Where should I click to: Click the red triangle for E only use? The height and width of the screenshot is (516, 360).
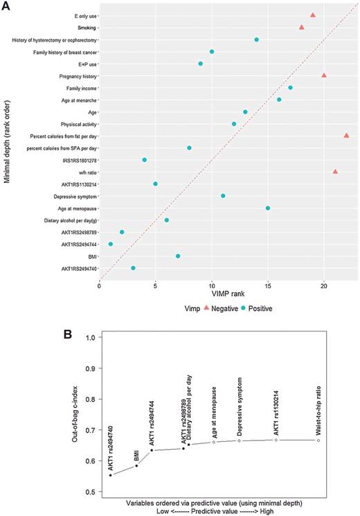pos(313,15)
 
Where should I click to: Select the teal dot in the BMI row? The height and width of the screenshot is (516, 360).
pos(178,256)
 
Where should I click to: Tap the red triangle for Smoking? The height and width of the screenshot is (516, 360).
pos(301,27)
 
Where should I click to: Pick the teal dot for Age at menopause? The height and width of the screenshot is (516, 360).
pos(268,208)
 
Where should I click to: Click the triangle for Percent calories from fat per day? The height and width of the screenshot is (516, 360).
pos(346,136)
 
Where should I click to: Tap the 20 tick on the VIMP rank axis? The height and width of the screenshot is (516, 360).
pos(324,283)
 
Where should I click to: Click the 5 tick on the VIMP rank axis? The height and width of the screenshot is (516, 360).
pos(156,283)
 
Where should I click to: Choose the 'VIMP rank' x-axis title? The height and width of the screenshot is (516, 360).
pos(224,294)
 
